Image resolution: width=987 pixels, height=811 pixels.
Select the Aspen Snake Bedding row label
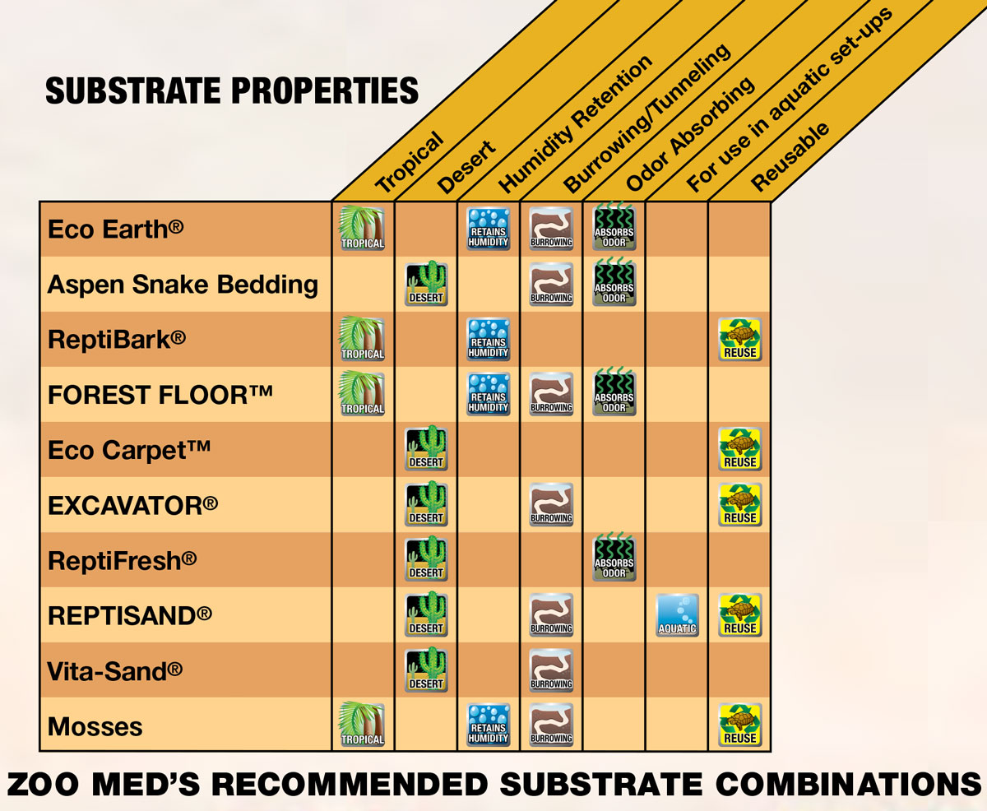tap(183, 285)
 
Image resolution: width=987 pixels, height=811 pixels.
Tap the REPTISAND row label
tap(130, 616)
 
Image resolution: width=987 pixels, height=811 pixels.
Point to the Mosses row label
tap(95, 726)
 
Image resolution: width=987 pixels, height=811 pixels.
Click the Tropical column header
tap(409, 161)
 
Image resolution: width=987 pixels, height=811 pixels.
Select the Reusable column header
tap(790, 157)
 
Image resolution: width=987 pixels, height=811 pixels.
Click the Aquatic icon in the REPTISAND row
tap(677, 614)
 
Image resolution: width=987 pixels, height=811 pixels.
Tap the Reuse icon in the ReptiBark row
tap(739, 339)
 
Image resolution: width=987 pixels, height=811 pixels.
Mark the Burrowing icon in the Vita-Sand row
tap(551, 670)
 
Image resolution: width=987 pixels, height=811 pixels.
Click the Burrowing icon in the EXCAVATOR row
tap(551, 504)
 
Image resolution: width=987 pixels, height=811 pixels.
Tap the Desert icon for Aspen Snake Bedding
tap(426, 284)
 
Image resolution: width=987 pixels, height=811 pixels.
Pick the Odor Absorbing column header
tap(691, 136)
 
